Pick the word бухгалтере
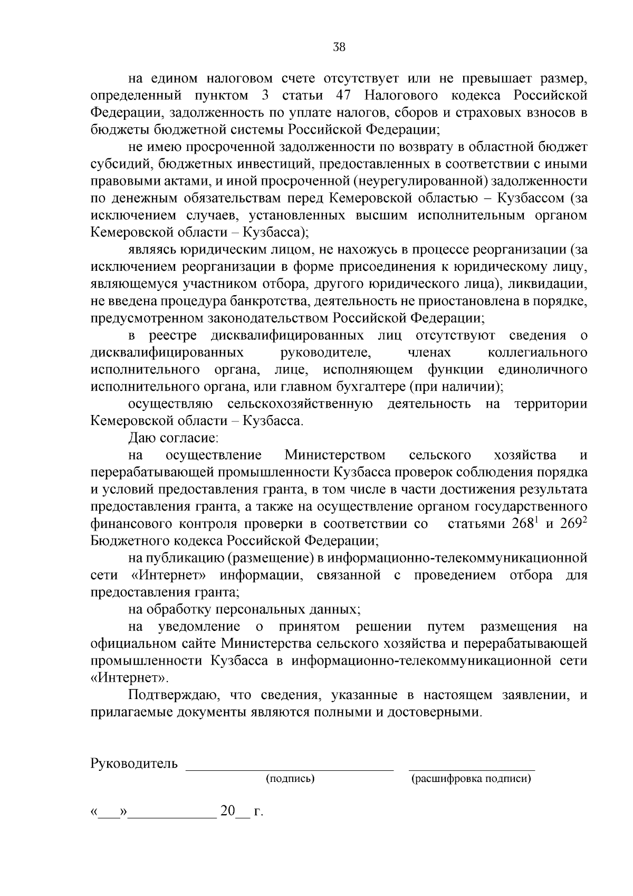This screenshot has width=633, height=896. point(370,386)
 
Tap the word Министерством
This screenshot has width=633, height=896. point(335,455)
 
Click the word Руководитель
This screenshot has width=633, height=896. point(134,763)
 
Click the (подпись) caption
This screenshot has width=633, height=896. point(290,778)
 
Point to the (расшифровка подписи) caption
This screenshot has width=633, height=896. point(471,778)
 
